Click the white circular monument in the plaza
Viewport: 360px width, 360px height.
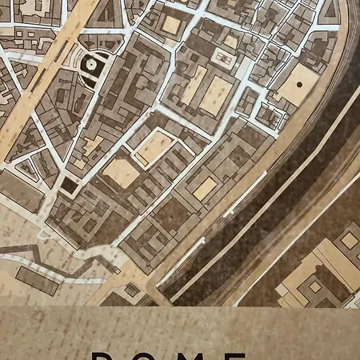pos(90,62)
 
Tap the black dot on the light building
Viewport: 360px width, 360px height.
pos(300,82)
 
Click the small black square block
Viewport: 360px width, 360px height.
pos(70,186)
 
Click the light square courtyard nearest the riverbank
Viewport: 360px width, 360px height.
pos(205,188)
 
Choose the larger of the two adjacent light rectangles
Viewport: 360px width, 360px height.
pos(215,94)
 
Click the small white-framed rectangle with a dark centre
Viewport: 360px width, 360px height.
pos(221,56)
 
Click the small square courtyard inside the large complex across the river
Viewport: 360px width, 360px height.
pos(314,286)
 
